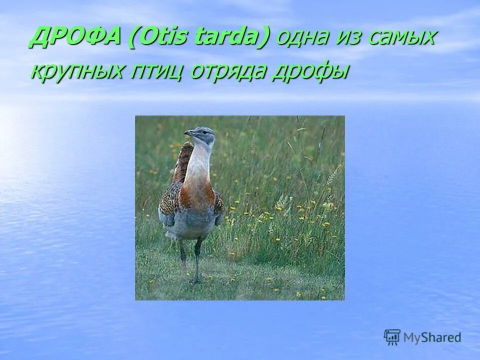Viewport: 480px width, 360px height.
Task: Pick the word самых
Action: coord(403,39)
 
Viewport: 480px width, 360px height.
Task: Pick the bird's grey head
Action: coord(204,134)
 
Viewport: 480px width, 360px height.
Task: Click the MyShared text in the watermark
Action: coord(432,337)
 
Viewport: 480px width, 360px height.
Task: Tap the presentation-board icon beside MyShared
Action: coord(392,337)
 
